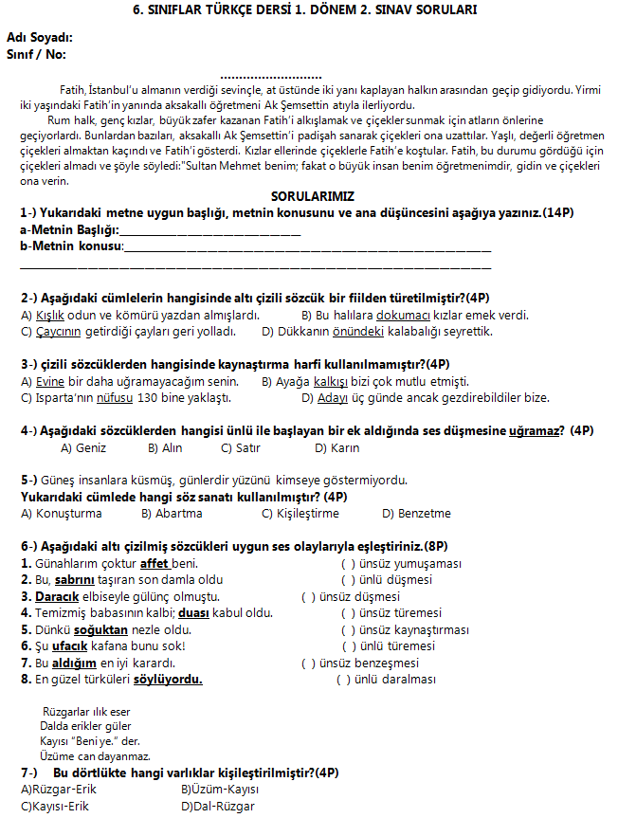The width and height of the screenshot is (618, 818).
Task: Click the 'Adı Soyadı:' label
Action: tap(39, 37)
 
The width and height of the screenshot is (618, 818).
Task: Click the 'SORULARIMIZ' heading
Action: tap(312, 196)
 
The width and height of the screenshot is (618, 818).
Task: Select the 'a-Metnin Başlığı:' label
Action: tap(69, 230)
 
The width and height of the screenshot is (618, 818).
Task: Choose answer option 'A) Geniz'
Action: tap(83, 448)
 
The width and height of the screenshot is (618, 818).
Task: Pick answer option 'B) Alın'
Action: tap(165, 448)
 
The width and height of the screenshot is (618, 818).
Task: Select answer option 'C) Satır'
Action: tap(241, 448)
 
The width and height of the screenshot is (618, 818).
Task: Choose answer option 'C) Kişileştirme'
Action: tap(300, 514)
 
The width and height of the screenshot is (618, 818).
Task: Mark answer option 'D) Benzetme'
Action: tap(416, 514)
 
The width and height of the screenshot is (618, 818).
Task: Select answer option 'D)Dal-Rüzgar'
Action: tap(218, 807)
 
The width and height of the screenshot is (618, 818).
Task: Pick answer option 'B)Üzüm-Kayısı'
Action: tap(220, 790)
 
